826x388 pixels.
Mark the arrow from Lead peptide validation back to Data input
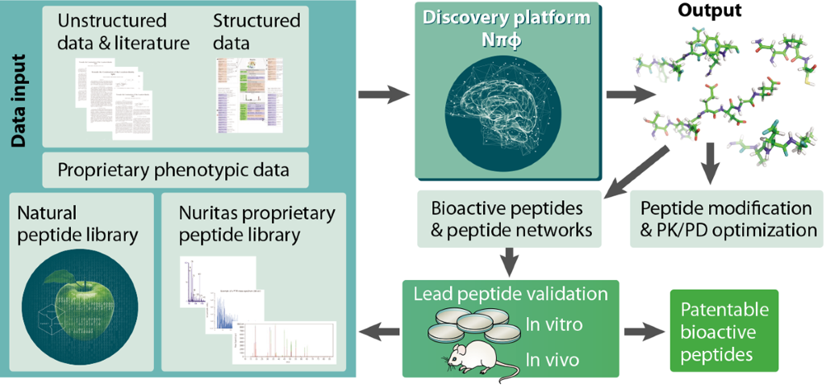378,330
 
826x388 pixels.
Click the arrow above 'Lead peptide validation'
509,260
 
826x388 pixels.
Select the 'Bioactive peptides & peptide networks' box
511,219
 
